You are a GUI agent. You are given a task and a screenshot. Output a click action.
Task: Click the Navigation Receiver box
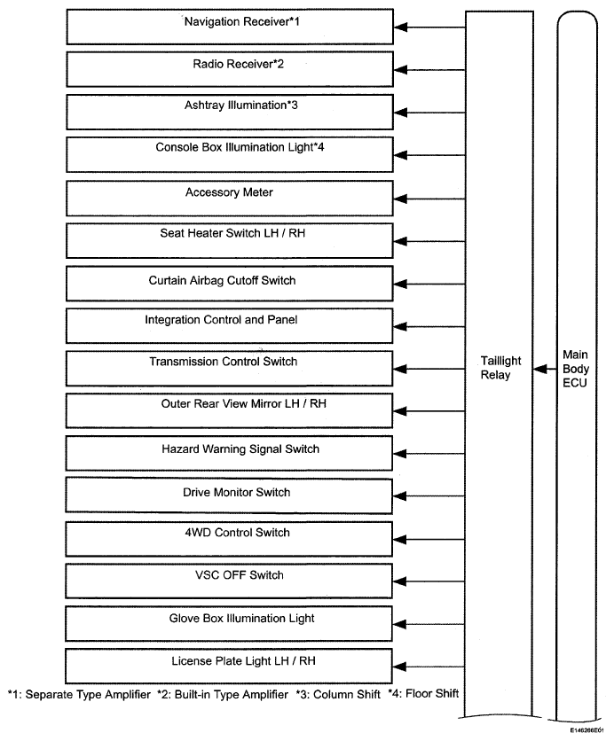(x=230, y=27)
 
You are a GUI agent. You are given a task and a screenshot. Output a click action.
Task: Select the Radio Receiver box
(x=230, y=70)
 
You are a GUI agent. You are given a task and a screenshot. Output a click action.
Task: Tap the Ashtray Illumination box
(x=230, y=112)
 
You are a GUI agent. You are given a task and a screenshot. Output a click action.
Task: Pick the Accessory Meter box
(x=230, y=197)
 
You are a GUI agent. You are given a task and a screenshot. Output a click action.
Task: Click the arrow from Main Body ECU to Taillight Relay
(x=542, y=372)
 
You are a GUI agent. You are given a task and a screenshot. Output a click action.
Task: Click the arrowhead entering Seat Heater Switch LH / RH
(x=401, y=239)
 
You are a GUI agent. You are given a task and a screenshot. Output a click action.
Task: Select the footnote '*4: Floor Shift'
(x=423, y=693)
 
